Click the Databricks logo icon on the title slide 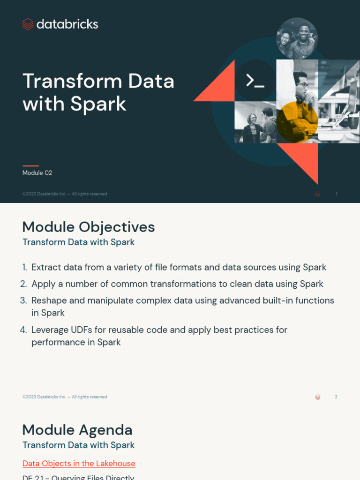pos(28,24)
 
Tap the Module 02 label pos(37,173)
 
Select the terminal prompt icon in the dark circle pos(255,81)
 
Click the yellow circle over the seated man pos(297,121)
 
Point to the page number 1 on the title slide pos(336,194)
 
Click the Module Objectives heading pos(89,227)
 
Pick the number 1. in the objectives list pos(24,268)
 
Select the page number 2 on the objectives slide pos(336,397)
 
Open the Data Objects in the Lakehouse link pos(79,464)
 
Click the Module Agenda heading pos(77,430)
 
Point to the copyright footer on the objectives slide pos(65,397)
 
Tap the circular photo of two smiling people pos(297,38)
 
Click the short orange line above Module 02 pos(30,165)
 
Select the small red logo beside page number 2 pos(318,397)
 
